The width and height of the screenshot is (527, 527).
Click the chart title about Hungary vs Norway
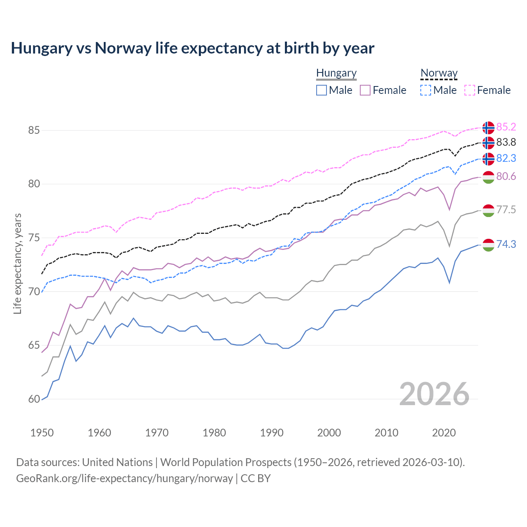coord(192,48)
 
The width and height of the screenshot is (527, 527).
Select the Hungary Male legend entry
coord(334,90)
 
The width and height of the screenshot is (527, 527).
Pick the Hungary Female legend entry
coord(383,90)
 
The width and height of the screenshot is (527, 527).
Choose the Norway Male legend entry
coord(438,90)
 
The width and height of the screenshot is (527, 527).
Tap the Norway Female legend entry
coord(487,90)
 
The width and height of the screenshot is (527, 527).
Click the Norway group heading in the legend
coord(439,73)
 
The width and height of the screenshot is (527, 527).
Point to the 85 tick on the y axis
coord(34,131)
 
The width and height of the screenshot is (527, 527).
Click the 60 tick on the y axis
coord(34,399)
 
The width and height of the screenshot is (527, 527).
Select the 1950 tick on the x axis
coord(42,433)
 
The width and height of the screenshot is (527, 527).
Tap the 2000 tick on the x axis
coord(329,433)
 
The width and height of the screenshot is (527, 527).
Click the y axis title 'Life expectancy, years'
coord(17,263)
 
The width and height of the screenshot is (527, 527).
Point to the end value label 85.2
coord(506,127)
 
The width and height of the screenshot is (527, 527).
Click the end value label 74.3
coord(506,245)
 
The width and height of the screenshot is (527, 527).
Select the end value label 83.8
coord(506,142)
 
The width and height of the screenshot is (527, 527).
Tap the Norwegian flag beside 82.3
coord(488,159)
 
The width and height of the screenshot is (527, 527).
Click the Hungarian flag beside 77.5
coord(488,210)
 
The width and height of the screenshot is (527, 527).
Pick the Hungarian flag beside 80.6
coord(488,177)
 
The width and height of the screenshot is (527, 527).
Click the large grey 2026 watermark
coord(434,394)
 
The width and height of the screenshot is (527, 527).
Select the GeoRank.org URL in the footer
coord(124,478)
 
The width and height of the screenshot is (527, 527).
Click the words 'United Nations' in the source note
coord(117,462)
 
